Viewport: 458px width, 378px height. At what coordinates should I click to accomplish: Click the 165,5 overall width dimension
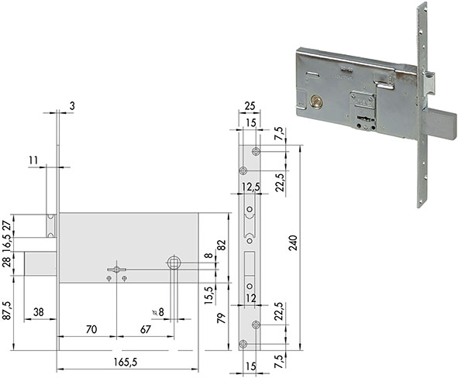[x=126, y=363]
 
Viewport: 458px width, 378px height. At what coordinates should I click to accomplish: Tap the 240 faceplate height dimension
[x=293, y=243]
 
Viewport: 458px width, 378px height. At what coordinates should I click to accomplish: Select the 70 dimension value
[x=91, y=329]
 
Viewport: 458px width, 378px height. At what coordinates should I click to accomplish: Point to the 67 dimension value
[x=146, y=329]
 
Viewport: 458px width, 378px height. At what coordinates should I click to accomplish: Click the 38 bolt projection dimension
[x=39, y=312]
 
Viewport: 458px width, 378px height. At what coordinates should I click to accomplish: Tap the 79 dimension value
[x=222, y=318]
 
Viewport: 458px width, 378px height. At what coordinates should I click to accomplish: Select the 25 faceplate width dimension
[x=250, y=106]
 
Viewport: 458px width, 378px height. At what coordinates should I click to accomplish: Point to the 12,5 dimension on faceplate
[x=250, y=187]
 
